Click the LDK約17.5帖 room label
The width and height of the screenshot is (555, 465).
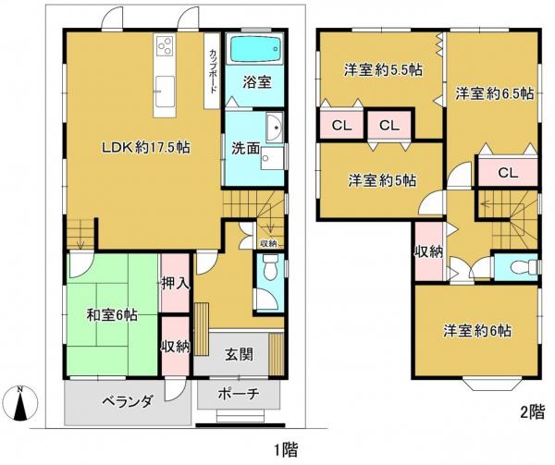coord(139,146)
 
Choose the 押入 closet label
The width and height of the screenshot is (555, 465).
coord(175,283)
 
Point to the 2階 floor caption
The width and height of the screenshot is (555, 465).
coord(531,412)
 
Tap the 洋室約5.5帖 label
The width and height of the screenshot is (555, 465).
coord(380,69)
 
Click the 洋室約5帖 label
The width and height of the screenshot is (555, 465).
coord(381,179)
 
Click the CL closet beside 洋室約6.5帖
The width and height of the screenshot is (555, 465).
coord(507,172)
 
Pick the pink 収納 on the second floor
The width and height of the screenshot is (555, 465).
coord(428,251)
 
